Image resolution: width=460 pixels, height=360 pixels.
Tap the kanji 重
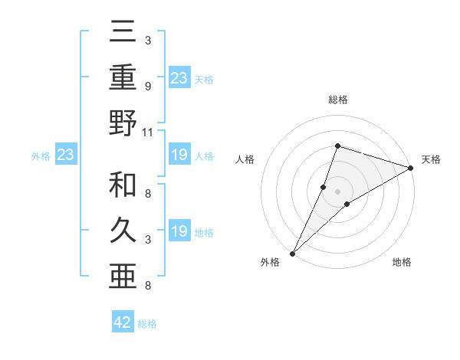click(123, 79)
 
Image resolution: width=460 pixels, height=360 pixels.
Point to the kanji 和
click(123, 185)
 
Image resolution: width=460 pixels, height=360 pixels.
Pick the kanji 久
click(123, 228)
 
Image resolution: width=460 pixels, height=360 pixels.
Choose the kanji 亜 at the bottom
click(123, 273)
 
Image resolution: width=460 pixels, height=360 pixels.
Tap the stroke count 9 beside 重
click(147, 86)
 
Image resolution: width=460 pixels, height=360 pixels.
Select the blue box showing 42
click(123, 322)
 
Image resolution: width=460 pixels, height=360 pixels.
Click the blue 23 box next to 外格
click(65, 155)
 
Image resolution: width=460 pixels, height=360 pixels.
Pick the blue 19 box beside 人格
click(179, 155)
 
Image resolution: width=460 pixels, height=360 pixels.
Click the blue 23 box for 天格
click(179, 77)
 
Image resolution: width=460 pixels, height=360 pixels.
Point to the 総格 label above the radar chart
click(338, 100)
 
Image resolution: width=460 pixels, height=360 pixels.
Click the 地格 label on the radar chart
click(402, 262)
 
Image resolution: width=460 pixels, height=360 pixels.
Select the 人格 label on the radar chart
click(245, 159)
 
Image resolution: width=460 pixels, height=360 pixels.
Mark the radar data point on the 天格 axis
click(411, 168)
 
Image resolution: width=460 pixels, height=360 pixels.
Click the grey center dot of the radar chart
click(338, 191)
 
